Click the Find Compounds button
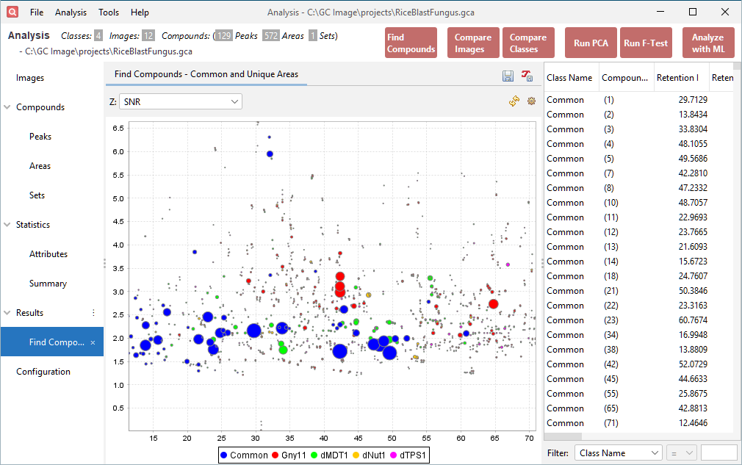[x=411, y=43]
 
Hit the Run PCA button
[x=590, y=43]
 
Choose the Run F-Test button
[x=646, y=43]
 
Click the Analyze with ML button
[x=707, y=43]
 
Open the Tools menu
[x=109, y=12]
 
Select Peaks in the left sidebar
[x=40, y=137]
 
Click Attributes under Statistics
[x=48, y=254]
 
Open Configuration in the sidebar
[x=43, y=372]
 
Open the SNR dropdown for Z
[x=181, y=101]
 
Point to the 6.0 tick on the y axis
[x=118, y=151]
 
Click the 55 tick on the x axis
[x=427, y=439]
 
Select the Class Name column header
[x=569, y=78]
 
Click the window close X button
[x=725, y=12]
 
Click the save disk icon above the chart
[x=508, y=76]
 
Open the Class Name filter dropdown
[x=618, y=453]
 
